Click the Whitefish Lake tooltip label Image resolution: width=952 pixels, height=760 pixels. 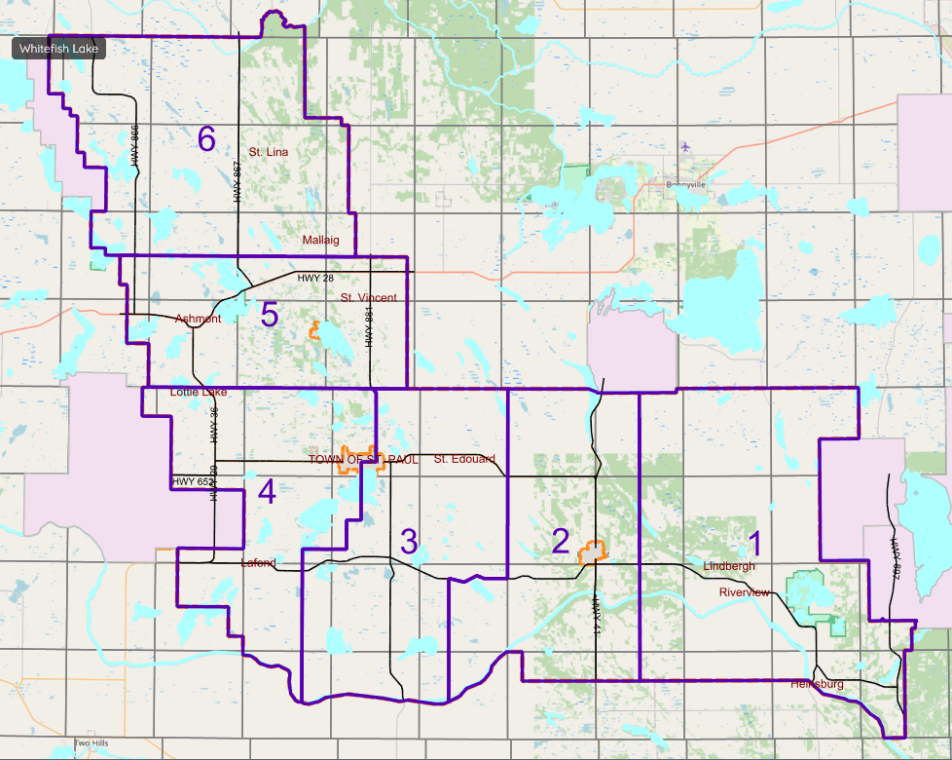coord(58,49)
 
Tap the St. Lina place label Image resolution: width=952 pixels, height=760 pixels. coord(268,152)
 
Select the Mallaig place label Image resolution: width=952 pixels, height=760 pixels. coord(320,239)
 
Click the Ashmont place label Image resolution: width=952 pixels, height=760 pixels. coord(198,319)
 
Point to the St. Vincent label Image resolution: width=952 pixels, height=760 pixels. coord(368,297)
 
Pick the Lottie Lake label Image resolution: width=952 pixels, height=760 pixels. coord(199,392)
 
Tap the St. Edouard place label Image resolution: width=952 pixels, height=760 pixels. coord(464,459)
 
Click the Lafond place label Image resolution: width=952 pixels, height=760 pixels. coord(258,563)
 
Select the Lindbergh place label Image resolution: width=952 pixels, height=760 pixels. coord(728,566)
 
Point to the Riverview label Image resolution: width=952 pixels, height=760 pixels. coord(745,592)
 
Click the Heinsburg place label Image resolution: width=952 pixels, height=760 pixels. coord(817,684)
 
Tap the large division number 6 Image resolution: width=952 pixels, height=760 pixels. coord(206,139)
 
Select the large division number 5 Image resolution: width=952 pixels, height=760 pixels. coord(270,315)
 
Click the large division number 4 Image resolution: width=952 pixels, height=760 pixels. coord(267,492)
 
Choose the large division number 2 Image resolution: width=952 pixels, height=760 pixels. coord(560,541)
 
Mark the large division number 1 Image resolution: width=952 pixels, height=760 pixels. coord(752,543)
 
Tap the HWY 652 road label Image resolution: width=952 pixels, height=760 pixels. coord(192,481)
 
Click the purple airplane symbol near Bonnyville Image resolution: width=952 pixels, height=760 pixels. coord(686,146)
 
